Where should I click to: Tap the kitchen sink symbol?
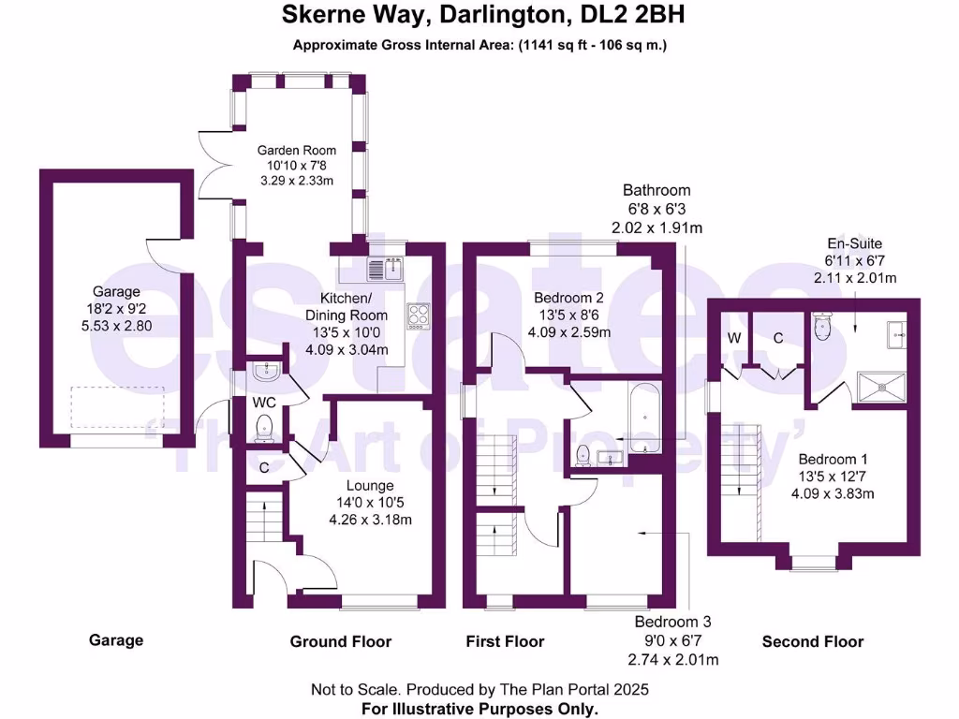[384, 270]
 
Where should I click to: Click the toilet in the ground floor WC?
[264, 428]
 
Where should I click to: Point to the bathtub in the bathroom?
[644, 418]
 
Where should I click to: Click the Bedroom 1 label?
[833, 460]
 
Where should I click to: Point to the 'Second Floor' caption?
[812, 641]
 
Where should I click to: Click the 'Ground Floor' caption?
[340, 641]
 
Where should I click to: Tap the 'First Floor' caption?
[505, 641]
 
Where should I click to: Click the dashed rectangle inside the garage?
[118, 408]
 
